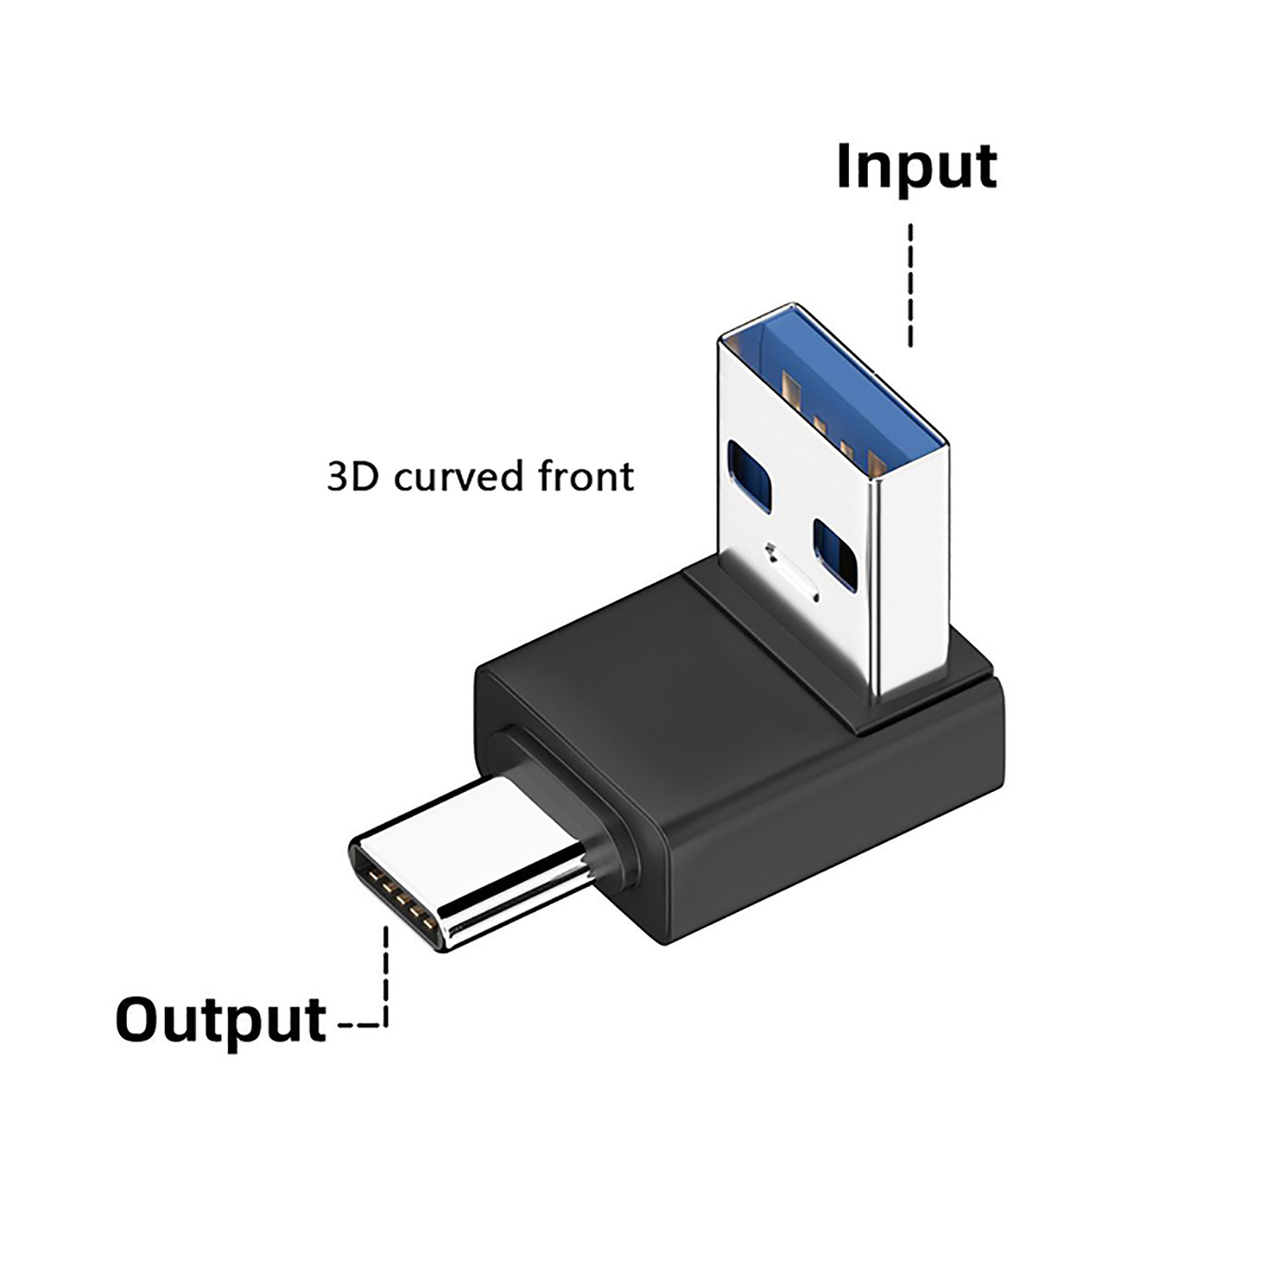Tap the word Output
click(221, 1022)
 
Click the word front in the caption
click(586, 477)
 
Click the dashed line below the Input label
click(911, 285)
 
